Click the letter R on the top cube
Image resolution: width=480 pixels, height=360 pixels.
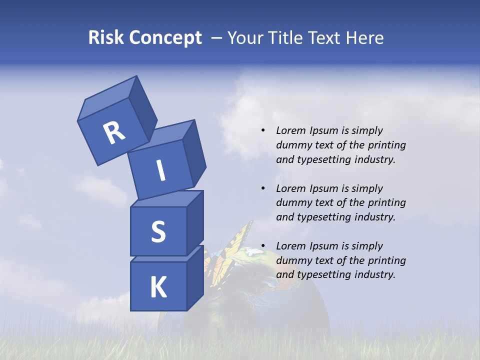[114, 133]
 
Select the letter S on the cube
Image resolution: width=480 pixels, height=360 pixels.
[158, 231]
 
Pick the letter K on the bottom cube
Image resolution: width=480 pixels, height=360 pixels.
[158, 287]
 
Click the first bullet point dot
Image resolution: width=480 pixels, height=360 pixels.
[263, 130]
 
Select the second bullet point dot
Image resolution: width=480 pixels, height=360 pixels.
[263, 188]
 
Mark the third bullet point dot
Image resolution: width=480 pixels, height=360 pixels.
[263, 246]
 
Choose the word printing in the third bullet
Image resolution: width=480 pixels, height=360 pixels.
[387, 260]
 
